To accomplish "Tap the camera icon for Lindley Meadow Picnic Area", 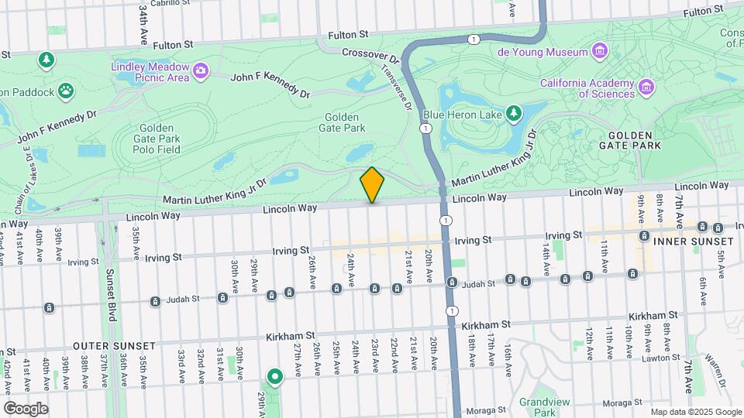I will coord(201,71).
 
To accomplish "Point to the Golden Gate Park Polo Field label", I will coord(159,139).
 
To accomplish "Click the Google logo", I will coord(26,408).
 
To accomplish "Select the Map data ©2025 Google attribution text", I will coord(696,412).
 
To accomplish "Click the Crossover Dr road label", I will coord(370,56).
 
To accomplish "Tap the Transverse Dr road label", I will coord(396,87).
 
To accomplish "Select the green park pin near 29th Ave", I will coord(274,377).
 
